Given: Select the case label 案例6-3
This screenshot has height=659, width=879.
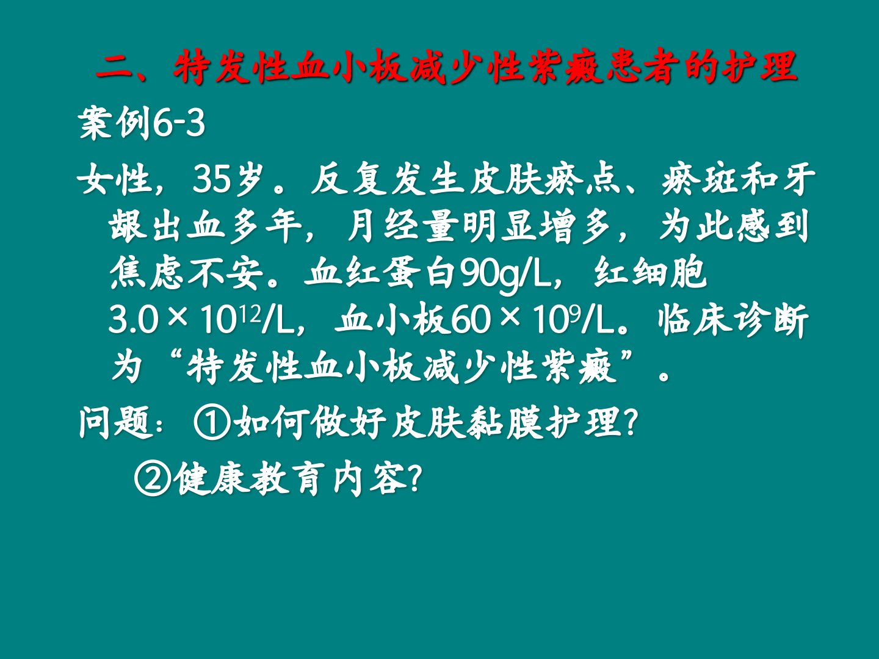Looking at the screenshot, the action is click(x=142, y=123).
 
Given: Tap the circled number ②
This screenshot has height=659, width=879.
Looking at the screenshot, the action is click(x=153, y=478).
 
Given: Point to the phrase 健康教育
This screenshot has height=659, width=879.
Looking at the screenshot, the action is click(x=250, y=478).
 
